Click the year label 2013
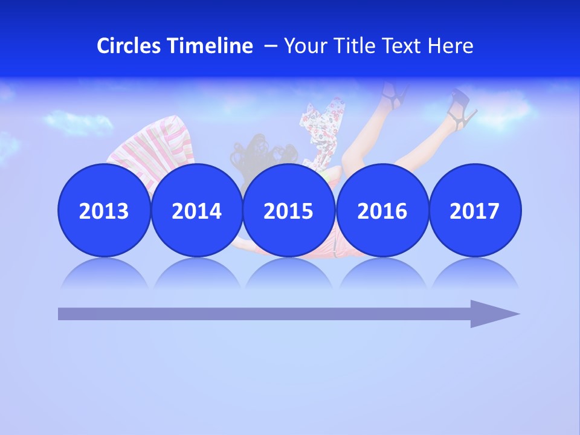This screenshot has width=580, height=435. (104, 211)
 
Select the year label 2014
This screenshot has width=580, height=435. (196, 211)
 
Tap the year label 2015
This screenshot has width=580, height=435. (288, 211)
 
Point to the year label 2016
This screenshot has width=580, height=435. (382, 211)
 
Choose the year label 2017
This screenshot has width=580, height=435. (474, 211)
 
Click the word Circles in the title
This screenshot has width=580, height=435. (129, 46)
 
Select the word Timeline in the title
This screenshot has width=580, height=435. (211, 46)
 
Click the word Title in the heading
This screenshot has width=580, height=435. (353, 46)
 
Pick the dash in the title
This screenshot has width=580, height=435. (271, 46)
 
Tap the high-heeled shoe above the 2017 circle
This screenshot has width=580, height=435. (462, 109)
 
